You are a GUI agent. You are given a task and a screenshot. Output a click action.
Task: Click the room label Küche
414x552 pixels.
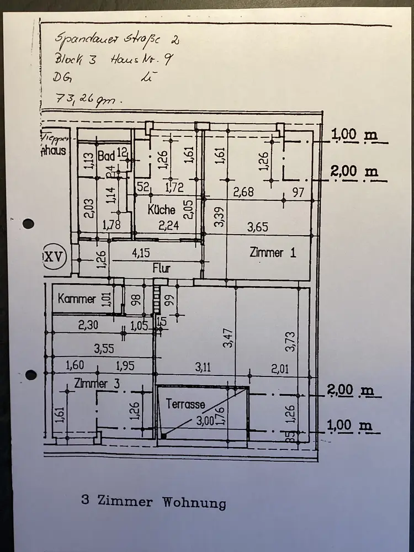(x=162, y=210)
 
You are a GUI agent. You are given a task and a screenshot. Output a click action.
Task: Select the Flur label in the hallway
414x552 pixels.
(x=161, y=269)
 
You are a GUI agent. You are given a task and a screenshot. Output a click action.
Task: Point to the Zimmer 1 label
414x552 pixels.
(x=273, y=253)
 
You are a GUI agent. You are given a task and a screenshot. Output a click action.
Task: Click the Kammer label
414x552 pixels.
(x=77, y=300)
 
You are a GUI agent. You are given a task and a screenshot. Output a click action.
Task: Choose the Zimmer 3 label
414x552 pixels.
(x=98, y=384)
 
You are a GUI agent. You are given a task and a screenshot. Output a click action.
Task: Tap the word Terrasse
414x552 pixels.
(x=185, y=404)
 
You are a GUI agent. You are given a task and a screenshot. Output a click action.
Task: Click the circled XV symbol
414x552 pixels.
(x=54, y=257)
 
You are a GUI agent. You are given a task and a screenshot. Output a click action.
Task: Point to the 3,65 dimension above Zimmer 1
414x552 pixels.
(x=257, y=226)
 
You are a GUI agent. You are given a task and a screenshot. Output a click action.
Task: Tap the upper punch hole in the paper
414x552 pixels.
(x=28, y=224)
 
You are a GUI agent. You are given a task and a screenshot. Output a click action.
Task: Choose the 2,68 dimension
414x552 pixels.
(x=243, y=192)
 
